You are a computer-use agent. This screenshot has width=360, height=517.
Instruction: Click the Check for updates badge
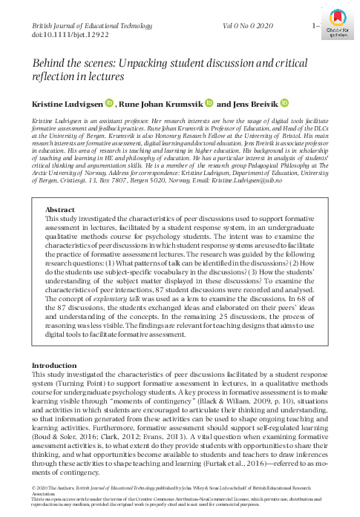pyautogui.click(x=337, y=25)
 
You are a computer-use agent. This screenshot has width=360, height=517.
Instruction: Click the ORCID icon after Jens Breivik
pyautogui.click(x=284, y=105)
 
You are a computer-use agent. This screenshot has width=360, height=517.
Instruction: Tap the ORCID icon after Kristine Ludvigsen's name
pyautogui.click(x=108, y=105)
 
